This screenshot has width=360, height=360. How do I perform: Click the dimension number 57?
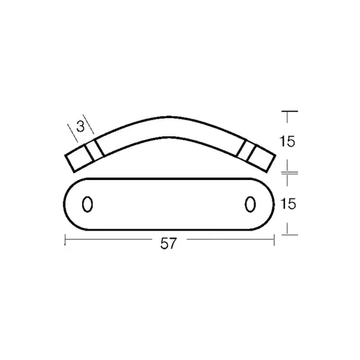click(169, 243)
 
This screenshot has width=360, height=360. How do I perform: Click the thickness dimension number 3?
click(80, 126)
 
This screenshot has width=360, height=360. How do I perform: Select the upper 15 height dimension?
click(287, 141)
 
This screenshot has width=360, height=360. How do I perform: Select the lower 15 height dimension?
click(288, 203)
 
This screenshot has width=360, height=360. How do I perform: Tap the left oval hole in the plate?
click(88, 204)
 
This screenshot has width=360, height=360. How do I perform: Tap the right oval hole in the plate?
click(250, 204)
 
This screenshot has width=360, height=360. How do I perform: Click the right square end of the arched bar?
click(261, 159)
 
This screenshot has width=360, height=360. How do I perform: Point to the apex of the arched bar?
click(169, 117)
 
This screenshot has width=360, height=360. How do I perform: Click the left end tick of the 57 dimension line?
click(65, 240)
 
